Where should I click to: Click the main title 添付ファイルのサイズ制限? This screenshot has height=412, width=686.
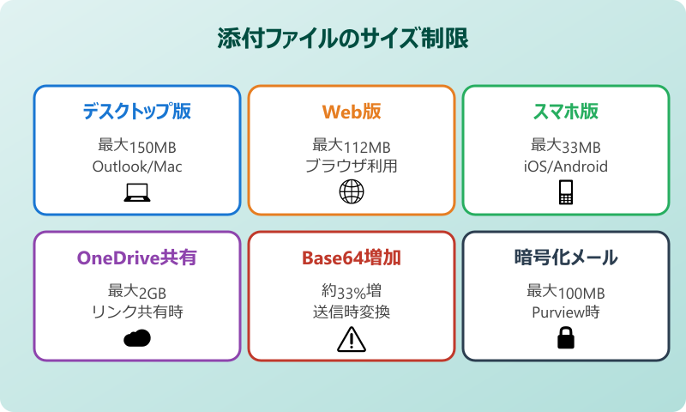point(343,40)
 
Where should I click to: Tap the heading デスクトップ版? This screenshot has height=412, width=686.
point(137,112)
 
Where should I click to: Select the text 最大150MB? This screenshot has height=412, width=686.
point(137,146)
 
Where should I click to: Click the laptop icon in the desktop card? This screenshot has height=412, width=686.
point(137,193)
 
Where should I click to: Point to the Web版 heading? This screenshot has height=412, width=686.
point(352,112)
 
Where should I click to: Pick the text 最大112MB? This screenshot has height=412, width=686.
point(352,146)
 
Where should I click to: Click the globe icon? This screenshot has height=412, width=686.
point(352,193)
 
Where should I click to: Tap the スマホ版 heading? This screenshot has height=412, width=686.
point(566,112)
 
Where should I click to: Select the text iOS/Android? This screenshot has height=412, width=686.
point(566,167)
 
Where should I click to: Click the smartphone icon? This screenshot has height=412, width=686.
point(566,193)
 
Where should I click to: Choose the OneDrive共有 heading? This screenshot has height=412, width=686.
point(137,258)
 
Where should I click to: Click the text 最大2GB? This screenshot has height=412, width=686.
point(137,292)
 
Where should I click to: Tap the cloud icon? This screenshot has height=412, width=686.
point(137,338)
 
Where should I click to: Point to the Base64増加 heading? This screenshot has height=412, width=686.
point(352,258)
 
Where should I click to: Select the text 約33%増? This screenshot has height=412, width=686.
point(352,292)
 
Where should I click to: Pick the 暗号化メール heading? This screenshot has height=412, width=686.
point(566,258)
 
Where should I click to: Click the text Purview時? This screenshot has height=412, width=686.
point(566,312)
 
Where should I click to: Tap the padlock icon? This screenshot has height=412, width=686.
point(566,339)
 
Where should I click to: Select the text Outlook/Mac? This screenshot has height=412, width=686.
point(137,167)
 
